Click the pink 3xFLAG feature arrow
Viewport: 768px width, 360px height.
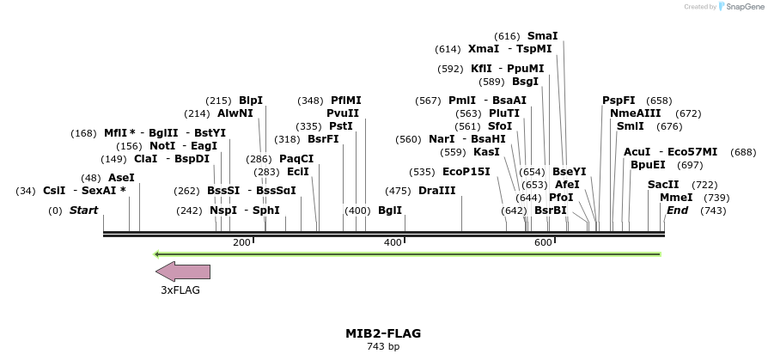pos(182,272)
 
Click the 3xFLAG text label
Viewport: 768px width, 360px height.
pos(180,290)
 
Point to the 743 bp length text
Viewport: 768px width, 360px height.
pos(383,347)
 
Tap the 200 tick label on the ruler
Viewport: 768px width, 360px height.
pos(241,243)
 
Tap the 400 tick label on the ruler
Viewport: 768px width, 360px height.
pos(393,243)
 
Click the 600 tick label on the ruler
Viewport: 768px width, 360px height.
pos(543,243)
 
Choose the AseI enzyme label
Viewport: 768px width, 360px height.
pos(121,178)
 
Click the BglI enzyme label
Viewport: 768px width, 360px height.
pos(390,211)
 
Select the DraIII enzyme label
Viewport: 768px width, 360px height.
pos(437,191)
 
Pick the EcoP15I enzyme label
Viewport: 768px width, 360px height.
pos(466,172)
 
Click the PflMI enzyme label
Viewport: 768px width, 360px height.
pos(346,101)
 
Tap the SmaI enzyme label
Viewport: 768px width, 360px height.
pos(542,36)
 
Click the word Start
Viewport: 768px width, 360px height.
pos(83,211)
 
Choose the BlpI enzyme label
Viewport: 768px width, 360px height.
pos(251,101)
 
